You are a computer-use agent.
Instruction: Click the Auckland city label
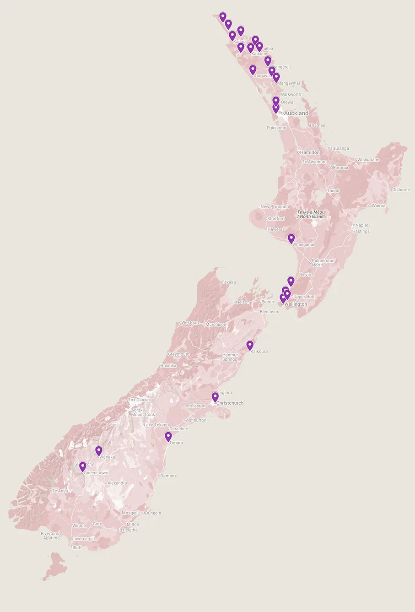[296, 113]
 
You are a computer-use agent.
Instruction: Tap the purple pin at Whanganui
[291, 238]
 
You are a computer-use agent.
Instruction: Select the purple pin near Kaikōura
[250, 345]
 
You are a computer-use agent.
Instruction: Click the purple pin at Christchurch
[215, 397]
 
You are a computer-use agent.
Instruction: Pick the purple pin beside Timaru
[168, 436]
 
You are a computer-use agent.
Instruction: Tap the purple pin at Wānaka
[98, 451]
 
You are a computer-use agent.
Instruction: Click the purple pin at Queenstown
[82, 466]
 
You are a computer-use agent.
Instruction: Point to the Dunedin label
[153, 513]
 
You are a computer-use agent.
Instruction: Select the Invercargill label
[84, 539]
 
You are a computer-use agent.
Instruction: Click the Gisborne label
[401, 190]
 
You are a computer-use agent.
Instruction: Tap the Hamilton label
[310, 152]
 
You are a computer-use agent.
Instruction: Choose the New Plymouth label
[275, 207]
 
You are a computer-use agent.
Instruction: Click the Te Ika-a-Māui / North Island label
[310, 214]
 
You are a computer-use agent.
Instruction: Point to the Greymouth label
[178, 354]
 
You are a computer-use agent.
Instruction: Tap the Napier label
[362, 225]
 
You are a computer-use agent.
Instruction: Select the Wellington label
[296, 304]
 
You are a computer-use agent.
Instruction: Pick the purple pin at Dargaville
[253, 70]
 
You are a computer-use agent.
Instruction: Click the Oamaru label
[168, 476]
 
